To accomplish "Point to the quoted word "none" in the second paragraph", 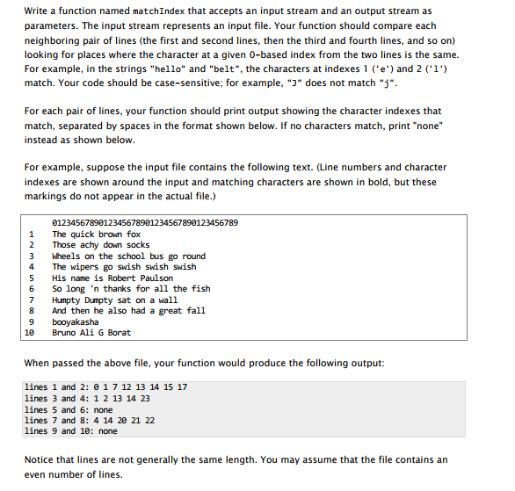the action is click(x=426, y=126).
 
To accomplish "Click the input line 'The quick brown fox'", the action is click(x=96, y=235).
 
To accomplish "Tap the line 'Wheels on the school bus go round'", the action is click(x=128, y=256).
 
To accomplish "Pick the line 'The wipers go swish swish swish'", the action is click(x=124, y=267).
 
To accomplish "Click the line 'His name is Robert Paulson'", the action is click(x=112, y=278).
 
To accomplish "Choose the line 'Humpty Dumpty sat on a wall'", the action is click(x=114, y=300).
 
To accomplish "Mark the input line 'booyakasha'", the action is click(x=75, y=321).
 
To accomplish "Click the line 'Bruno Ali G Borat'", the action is click(x=91, y=332).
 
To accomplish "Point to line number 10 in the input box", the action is click(x=31, y=332).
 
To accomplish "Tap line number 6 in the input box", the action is click(x=32, y=289).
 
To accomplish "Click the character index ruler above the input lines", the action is click(x=144, y=223).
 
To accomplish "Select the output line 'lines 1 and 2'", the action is click(x=105, y=387).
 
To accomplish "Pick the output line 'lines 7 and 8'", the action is click(x=91, y=420).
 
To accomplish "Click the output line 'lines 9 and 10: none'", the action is click(x=70, y=431).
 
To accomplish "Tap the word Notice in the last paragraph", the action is click(x=41, y=459).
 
